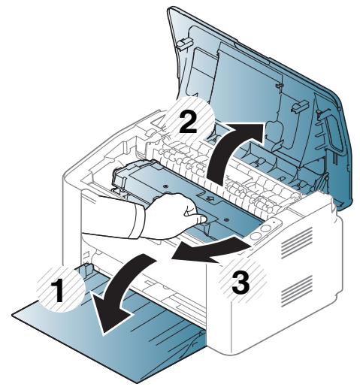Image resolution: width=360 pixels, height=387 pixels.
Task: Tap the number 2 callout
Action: click(x=189, y=122)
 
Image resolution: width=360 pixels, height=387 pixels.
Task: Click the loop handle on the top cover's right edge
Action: click(x=328, y=136)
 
